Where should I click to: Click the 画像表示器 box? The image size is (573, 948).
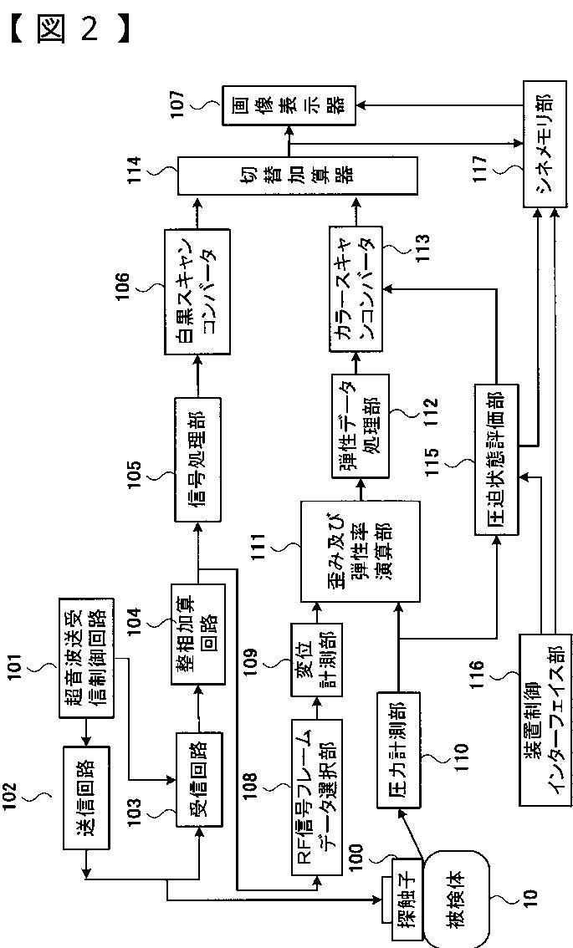(x=289, y=105)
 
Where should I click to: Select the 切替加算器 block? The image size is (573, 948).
(x=297, y=177)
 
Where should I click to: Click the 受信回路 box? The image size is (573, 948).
(x=200, y=778)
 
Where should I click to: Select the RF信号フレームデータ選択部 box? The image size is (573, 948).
(x=317, y=796)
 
